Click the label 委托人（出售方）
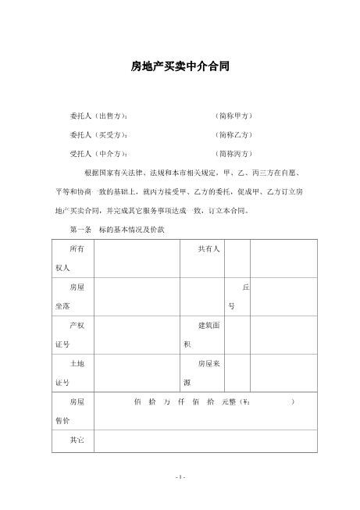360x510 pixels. point(98,116)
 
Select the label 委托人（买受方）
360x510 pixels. point(98,134)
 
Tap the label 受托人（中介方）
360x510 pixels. point(98,153)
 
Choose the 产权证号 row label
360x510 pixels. point(73,333)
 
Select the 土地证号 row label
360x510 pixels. point(73,372)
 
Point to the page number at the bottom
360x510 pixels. point(180,476)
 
